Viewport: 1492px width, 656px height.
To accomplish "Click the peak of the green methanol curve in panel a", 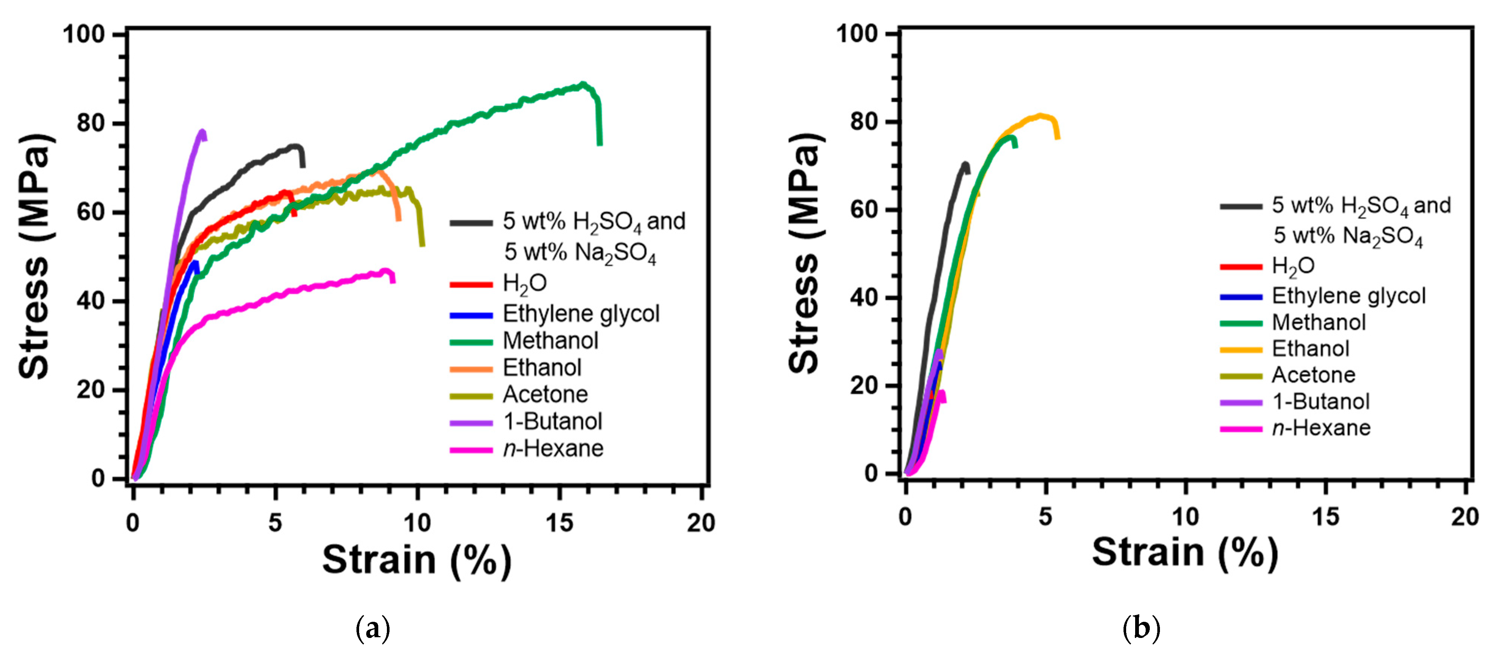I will (583, 85).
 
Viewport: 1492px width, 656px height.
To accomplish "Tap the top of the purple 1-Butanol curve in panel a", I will (202, 132).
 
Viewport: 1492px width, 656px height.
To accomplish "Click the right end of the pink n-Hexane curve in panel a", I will (393, 281).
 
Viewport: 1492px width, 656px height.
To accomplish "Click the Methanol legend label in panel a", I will (550, 341).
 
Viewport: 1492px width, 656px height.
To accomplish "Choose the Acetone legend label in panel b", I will (1313, 375).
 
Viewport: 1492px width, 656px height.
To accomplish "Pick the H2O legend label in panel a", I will (524, 283).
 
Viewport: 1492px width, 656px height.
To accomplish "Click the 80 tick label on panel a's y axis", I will (91, 124).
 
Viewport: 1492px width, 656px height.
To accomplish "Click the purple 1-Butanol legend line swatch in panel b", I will (1241, 402).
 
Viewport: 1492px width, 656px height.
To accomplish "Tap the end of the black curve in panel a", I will (303, 166).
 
